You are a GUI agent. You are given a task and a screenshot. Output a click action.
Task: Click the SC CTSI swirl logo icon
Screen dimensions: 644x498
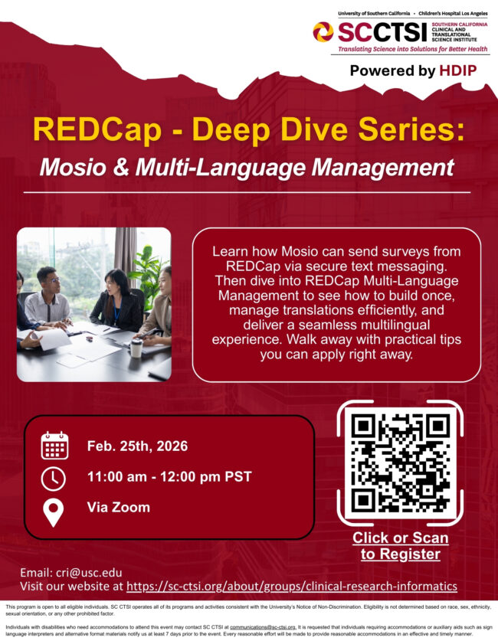323,31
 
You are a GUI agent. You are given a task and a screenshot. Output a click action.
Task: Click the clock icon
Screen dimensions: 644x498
54,478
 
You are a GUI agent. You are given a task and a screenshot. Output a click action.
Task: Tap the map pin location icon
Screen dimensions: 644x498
54,512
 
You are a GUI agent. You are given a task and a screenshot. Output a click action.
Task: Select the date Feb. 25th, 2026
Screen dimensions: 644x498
137,446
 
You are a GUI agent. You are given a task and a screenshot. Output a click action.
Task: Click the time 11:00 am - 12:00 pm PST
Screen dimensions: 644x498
169,477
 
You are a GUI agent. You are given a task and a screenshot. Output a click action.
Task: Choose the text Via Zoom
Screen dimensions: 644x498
118,507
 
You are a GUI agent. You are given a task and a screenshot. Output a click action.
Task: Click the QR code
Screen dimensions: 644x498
399,462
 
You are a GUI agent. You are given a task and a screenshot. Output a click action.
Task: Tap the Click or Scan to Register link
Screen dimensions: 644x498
400,545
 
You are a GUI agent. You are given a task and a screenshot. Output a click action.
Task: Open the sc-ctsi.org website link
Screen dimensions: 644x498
291,587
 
